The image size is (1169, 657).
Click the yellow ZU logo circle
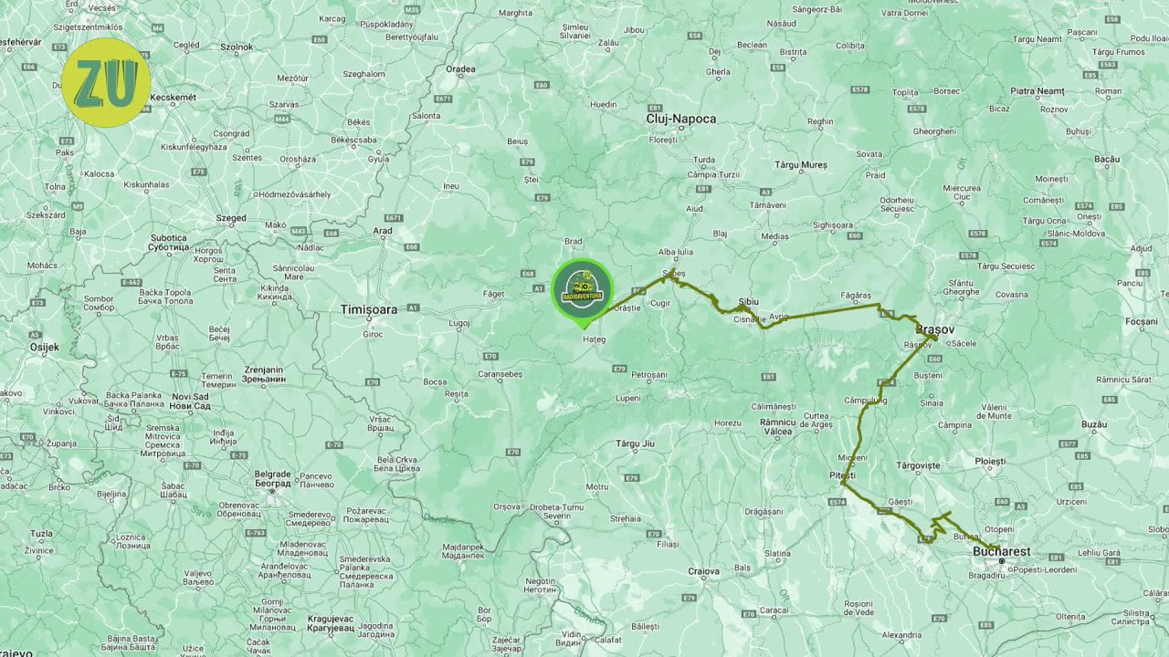click(x=106, y=83)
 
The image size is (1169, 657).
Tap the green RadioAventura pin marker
click(x=582, y=289)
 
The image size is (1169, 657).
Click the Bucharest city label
click(x=1001, y=551)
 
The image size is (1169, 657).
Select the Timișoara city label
click(x=369, y=309)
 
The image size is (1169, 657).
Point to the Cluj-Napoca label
click(x=681, y=119)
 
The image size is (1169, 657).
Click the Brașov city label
click(x=934, y=328)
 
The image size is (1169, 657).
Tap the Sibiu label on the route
click(x=748, y=301)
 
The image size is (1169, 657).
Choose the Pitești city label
click(x=842, y=475)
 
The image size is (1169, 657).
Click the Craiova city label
click(x=704, y=571)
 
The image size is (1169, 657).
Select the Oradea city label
click(x=460, y=68)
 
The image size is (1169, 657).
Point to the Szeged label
click(x=231, y=218)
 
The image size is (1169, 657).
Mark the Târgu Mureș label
click(x=800, y=165)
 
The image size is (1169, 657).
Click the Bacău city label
click(x=1107, y=159)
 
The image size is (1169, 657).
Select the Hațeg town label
click(x=594, y=339)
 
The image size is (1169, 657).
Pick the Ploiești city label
click(x=990, y=462)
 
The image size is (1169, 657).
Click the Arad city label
click(x=383, y=231)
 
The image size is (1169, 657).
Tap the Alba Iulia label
click(x=677, y=252)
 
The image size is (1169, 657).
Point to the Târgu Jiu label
click(x=636, y=443)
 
